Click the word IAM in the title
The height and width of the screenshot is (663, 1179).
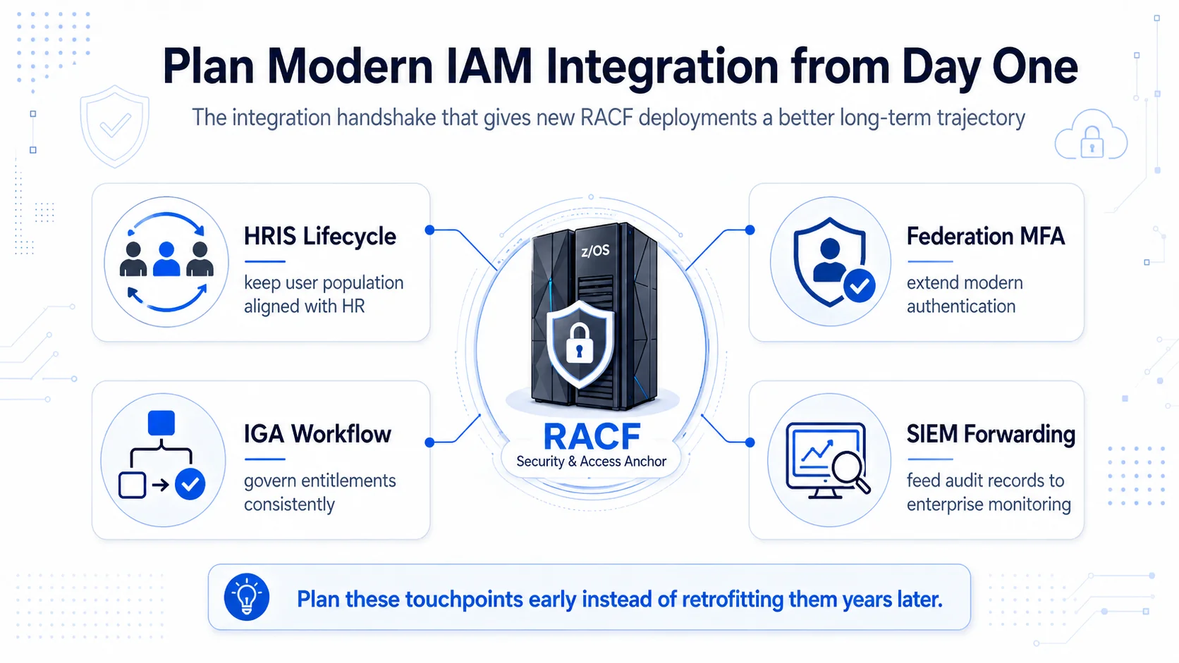pyautogui.click(x=489, y=66)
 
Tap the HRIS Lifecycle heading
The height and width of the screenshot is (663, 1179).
pyautogui.click(x=320, y=236)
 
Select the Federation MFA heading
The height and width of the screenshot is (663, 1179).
pyautogui.click(x=985, y=236)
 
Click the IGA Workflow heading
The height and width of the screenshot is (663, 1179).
pyautogui.click(x=317, y=434)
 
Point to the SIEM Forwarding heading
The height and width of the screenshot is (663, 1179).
pyautogui.click(x=991, y=434)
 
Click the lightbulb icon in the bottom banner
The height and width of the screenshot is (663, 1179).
pyautogui.click(x=246, y=597)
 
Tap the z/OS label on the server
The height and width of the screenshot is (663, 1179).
pyautogui.click(x=595, y=251)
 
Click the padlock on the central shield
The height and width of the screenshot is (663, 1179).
pyautogui.click(x=580, y=345)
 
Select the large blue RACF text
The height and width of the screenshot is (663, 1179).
pyautogui.click(x=592, y=436)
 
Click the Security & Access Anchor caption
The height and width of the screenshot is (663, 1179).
pyautogui.click(x=591, y=461)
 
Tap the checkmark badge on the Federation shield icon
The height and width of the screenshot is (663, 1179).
pyautogui.click(x=859, y=286)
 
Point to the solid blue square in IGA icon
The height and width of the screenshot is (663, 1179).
pyautogui.click(x=161, y=423)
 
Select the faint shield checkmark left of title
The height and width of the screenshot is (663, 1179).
pyautogui.click(x=115, y=126)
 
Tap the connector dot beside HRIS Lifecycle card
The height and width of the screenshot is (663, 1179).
pyautogui.click(x=430, y=230)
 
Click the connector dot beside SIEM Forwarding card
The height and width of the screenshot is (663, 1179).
pyautogui.click(x=750, y=442)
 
